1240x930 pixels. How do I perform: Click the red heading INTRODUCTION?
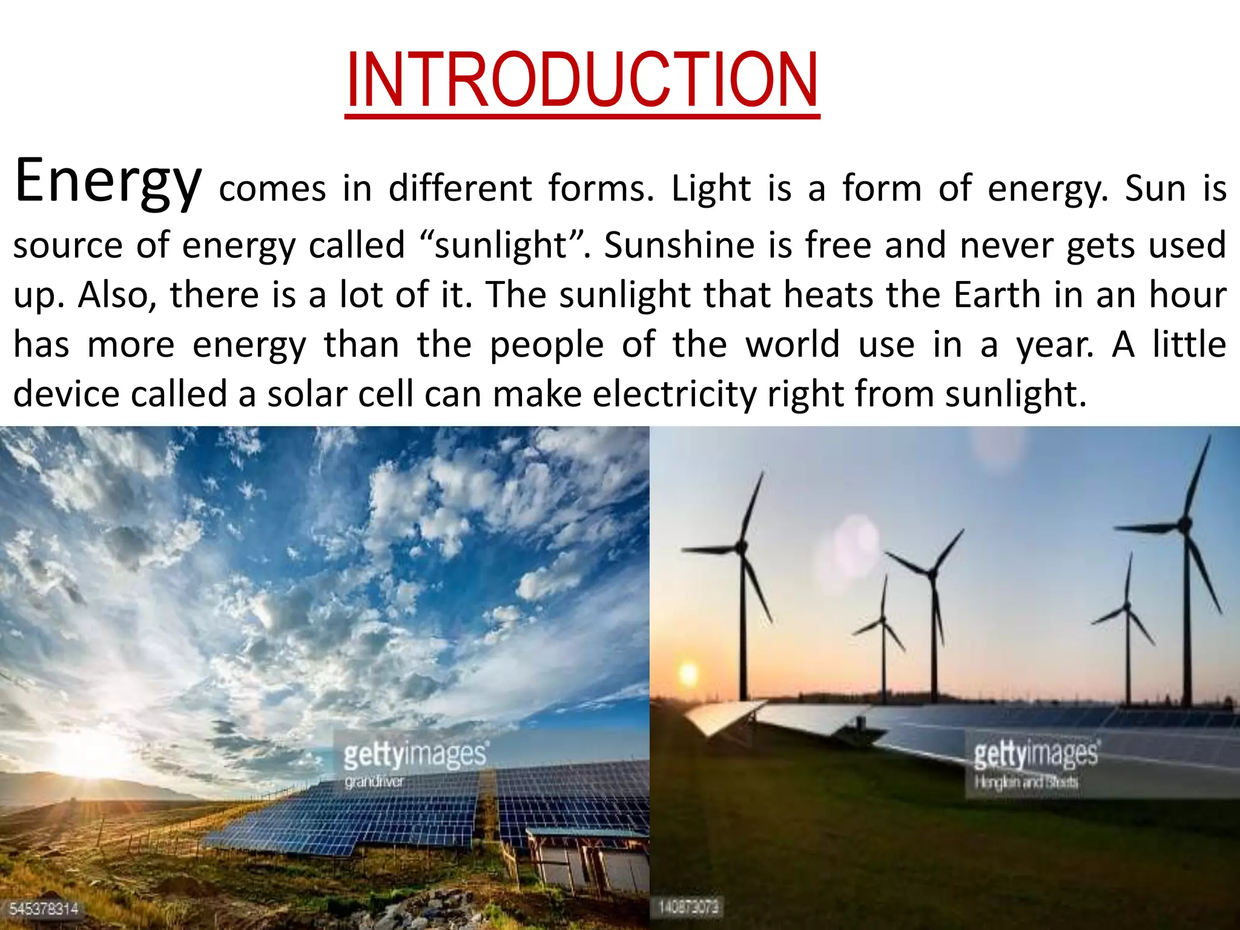[582, 81]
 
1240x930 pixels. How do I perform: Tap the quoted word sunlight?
[500, 245]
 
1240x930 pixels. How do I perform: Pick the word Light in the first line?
[711, 188]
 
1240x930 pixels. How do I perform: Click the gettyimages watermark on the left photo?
[415, 754]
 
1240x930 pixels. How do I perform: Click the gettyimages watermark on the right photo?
[1035, 754]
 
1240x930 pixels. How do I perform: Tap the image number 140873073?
[688, 907]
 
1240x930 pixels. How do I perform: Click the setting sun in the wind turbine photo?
[688, 673]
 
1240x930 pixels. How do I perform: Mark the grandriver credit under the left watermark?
[374, 782]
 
